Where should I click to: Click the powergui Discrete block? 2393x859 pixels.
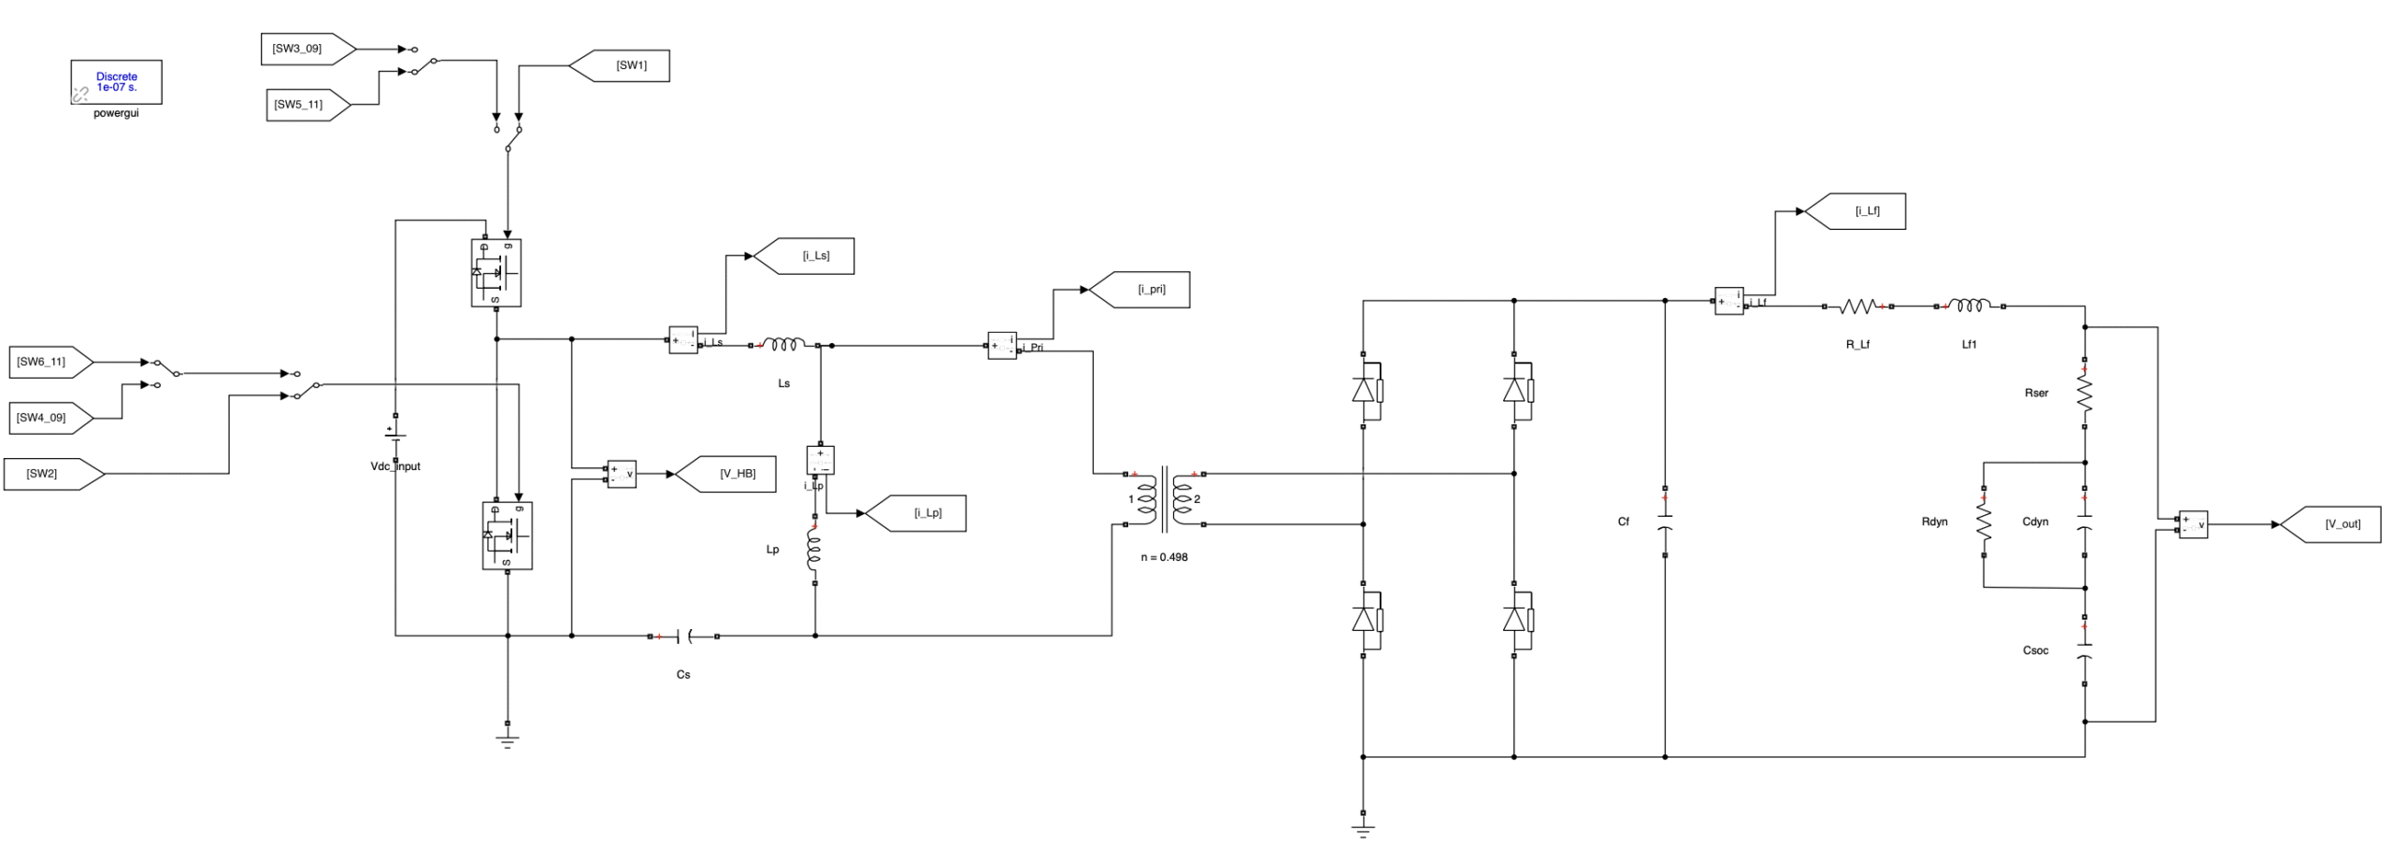pos(116,82)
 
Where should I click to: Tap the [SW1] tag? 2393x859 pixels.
pos(626,65)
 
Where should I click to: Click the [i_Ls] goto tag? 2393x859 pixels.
pos(810,256)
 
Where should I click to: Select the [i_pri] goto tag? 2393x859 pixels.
pos(1146,290)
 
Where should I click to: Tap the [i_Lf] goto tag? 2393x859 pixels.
pos(1861,211)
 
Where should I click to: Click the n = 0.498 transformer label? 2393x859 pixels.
pos(1164,557)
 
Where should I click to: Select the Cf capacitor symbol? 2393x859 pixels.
pos(1665,522)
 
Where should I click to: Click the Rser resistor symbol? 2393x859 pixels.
pos(2085,393)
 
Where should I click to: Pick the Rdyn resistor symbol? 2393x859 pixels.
pos(1984,522)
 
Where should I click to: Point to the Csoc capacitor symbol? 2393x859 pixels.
pos(2085,651)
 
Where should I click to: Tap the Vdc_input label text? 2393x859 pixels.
pos(395,466)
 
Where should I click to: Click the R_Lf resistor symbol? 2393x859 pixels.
pos(1857,306)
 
